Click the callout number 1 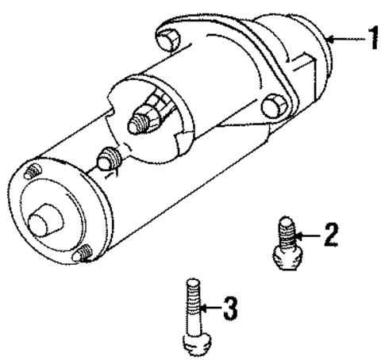click(x=368, y=39)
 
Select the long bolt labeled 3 click(x=194, y=312)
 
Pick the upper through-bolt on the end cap click(x=33, y=173)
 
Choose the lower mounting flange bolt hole click(x=274, y=105)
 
